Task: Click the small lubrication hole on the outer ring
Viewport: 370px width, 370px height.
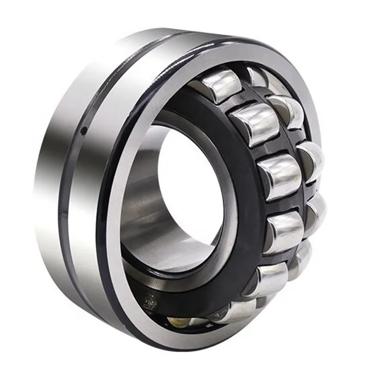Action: (84, 130)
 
